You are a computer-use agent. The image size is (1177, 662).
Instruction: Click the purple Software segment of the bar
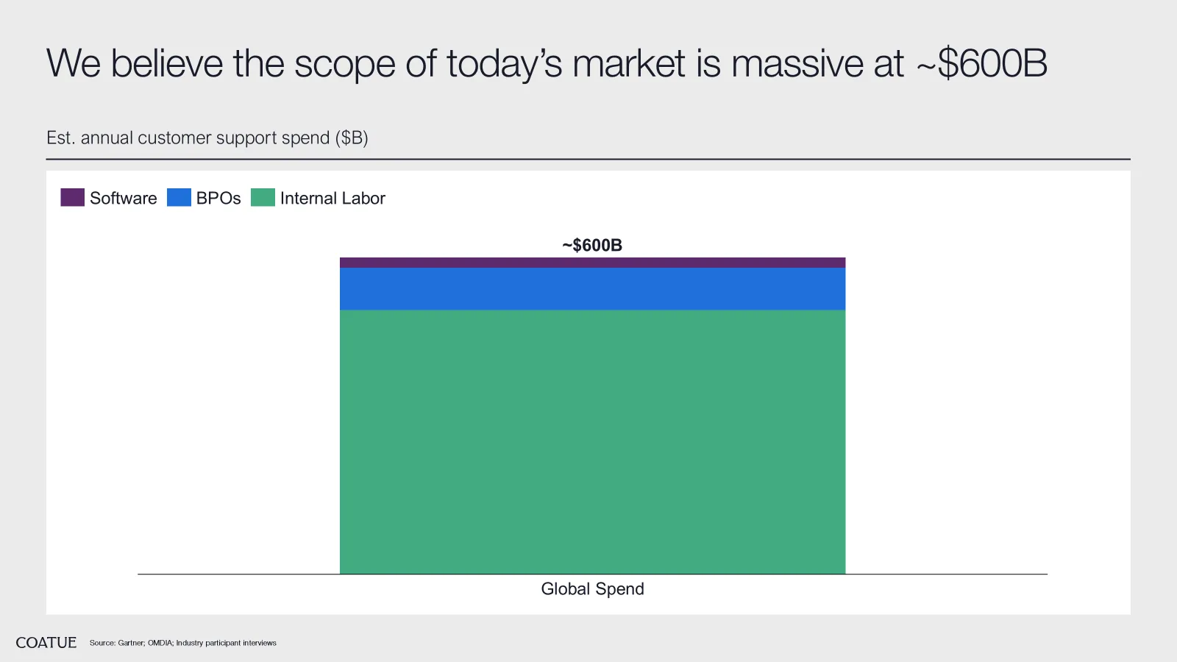[x=592, y=263]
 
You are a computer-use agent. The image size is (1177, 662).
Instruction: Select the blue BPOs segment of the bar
[x=592, y=289]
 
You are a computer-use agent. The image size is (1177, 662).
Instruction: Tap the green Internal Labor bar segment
[x=592, y=442]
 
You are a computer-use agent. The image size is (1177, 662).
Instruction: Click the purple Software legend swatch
[x=73, y=198]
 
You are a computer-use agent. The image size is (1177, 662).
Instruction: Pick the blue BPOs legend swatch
[x=179, y=198]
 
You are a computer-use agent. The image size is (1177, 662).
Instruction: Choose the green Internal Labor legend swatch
[x=263, y=198]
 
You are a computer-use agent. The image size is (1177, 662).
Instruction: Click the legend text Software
[x=124, y=198]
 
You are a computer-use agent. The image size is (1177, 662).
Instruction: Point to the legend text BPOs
[x=218, y=198]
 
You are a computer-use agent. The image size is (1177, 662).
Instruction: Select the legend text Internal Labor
[x=333, y=198]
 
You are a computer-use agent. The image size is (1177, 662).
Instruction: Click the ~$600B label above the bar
[x=592, y=245]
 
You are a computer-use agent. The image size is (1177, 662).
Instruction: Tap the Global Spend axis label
[x=592, y=589]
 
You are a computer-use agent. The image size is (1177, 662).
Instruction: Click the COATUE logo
[x=46, y=643]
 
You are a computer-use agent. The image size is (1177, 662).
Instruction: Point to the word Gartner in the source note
[x=131, y=643]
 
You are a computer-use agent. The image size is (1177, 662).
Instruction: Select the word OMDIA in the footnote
[x=160, y=643]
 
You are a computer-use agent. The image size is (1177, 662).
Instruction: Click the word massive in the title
[x=797, y=63]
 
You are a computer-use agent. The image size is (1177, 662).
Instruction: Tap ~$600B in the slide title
[x=981, y=63]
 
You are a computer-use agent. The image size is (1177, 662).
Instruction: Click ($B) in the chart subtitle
[x=352, y=138]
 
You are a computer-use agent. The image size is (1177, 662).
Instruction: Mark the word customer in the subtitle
[x=174, y=138]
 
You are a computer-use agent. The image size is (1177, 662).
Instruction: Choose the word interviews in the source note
[x=260, y=643]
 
